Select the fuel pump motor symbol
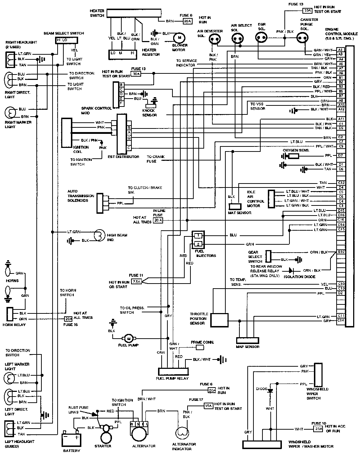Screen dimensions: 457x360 point(129,338)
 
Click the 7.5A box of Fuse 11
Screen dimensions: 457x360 point(137,281)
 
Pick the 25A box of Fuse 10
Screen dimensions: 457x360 point(319,429)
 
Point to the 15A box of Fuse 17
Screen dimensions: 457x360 point(208,406)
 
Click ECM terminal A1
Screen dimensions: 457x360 point(341,50)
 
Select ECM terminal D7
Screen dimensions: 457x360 point(341,155)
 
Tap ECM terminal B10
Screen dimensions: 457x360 point(341,252)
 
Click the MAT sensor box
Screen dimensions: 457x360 point(235,207)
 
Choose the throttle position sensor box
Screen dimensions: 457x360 point(219,320)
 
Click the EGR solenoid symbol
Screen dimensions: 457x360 point(261,37)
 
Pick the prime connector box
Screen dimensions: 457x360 point(199,348)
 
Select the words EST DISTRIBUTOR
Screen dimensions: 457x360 point(123,157)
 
